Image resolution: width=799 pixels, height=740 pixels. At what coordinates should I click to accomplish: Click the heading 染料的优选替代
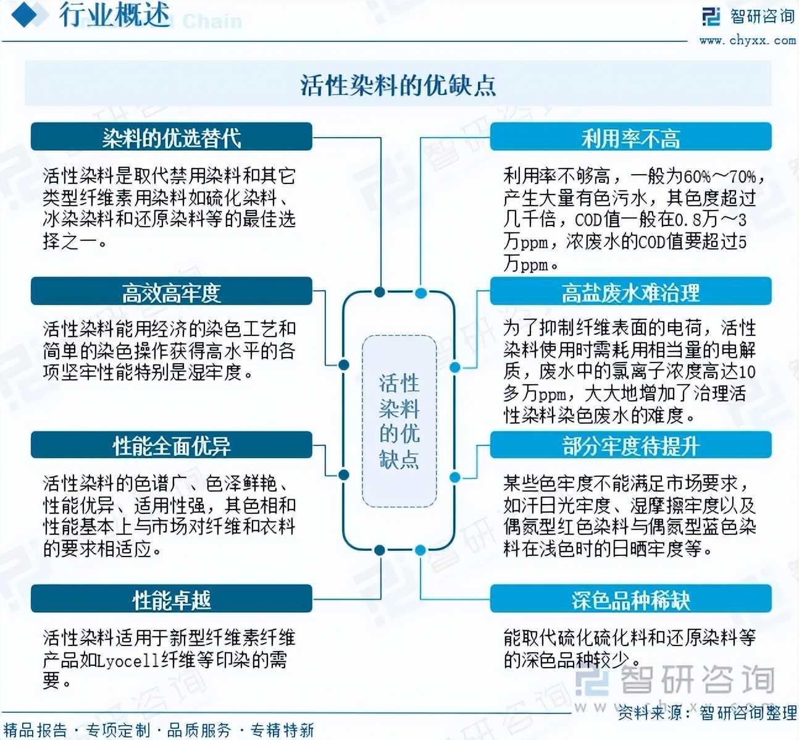[172, 137]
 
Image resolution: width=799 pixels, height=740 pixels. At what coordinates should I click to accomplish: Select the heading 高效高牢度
[172, 292]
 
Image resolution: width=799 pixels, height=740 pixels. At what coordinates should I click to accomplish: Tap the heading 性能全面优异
[172, 445]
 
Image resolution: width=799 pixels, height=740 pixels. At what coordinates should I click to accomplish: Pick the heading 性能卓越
[172, 599]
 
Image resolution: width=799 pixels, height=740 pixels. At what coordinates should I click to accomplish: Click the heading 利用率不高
[630, 137]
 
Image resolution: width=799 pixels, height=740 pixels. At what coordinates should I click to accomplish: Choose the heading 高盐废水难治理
[630, 292]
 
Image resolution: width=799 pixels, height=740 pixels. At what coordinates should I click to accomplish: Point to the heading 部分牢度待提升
[630, 445]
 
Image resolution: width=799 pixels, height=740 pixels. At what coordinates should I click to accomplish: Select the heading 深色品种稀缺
[630, 599]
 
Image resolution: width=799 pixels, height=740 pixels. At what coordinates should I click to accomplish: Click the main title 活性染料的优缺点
[398, 85]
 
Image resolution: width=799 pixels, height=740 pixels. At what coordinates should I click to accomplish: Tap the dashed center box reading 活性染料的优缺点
[399, 421]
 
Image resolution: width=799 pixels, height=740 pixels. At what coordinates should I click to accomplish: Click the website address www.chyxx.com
[747, 41]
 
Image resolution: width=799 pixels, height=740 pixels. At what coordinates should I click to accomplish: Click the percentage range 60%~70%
[719, 177]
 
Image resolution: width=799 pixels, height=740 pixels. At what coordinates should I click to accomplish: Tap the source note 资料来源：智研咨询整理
[707, 713]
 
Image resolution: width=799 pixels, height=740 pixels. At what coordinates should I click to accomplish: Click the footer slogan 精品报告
[35, 731]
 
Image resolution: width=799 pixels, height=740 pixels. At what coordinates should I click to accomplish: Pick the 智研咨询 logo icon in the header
[711, 16]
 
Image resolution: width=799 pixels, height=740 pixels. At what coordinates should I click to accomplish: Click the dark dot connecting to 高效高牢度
[344, 365]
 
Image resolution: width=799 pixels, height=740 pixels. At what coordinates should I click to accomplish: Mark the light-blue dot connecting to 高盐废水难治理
[455, 368]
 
